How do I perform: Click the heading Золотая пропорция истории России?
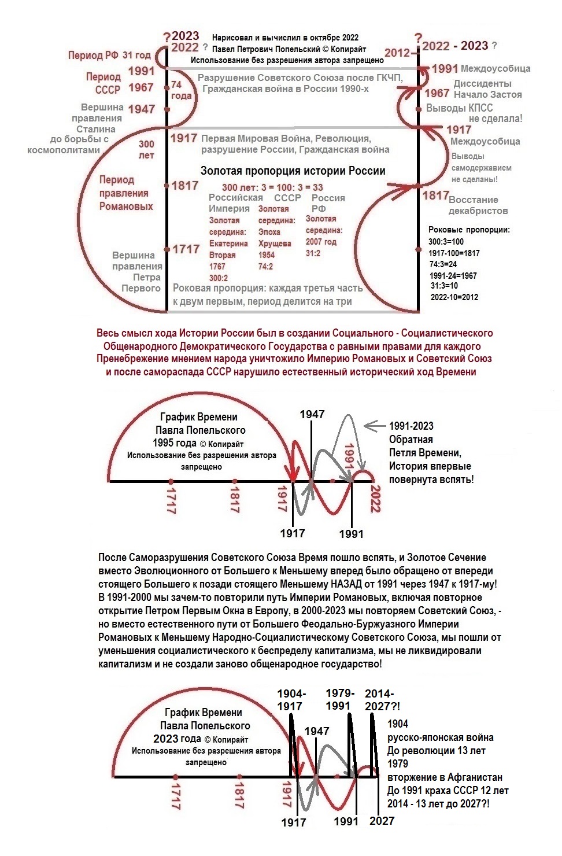pos(293,171)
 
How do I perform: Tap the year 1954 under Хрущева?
pos(267,254)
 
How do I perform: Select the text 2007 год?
pos(321,242)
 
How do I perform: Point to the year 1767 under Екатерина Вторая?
pos(217,266)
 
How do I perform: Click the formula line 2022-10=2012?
pos(454,297)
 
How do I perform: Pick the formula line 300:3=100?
pos(446,241)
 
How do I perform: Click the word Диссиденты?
pos(482,83)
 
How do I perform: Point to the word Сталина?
pos(96,129)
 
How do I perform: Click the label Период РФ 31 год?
pos(109,56)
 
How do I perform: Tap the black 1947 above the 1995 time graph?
pos(312,414)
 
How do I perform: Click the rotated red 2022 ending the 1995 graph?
pos(375,499)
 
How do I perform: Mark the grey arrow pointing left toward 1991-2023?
pos(376,426)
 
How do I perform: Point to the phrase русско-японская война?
pos(440,737)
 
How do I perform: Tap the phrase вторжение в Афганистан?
pos(445,777)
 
